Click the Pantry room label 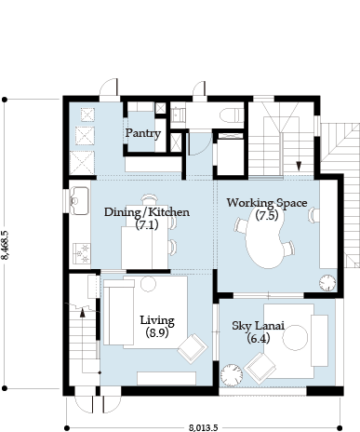(143, 133)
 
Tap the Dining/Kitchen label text (147, 212)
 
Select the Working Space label (267, 203)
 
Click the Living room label (157, 320)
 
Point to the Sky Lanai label (259, 326)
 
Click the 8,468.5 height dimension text (6, 245)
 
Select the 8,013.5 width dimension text (204, 428)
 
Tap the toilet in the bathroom (232, 115)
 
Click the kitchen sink (79, 201)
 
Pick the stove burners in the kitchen (82, 253)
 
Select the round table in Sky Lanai (295, 338)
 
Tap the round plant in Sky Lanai (232, 375)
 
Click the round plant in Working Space (327, 283)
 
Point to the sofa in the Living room (119, 312)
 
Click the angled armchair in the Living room (193, 348)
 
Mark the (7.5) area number (267, 215)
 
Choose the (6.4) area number (259, 338)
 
